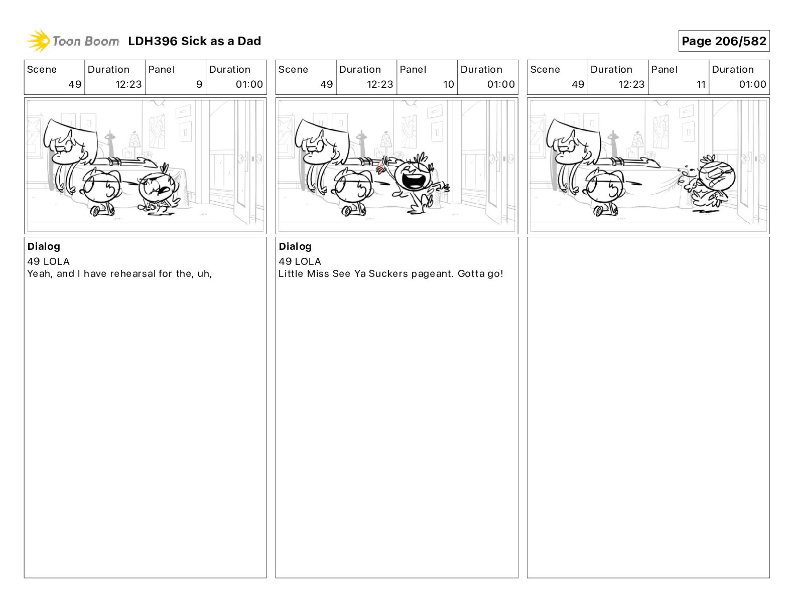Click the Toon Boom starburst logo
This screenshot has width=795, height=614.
(38, 41)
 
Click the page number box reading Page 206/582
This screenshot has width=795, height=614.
(723, 41)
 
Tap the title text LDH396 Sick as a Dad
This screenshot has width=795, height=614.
(194, 41)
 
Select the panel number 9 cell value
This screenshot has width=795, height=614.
(199, 84)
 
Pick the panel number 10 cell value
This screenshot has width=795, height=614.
(449, 84)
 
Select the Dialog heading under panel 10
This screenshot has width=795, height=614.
(295, 246)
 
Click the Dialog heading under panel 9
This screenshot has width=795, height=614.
(44, 246)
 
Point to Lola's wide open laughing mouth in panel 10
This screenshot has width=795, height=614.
(414, 180)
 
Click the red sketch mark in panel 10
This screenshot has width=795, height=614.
(380, 167)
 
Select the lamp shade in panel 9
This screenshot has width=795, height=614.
(135, 139)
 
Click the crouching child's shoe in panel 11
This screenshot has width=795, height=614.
(599, 211)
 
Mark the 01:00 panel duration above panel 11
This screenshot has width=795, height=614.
(752, 84)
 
